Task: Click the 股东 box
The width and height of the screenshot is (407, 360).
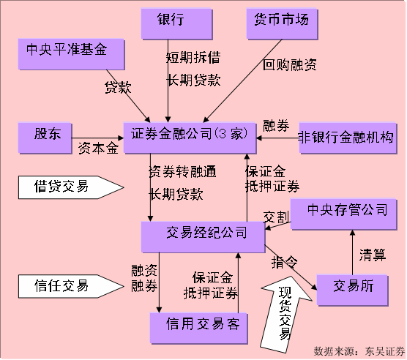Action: tap(47, 137)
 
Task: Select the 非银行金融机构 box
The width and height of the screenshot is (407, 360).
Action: tap(346, 137)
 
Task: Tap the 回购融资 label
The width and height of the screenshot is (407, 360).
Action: tap(289, 66)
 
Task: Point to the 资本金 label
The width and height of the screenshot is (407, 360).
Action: tap(97, 148)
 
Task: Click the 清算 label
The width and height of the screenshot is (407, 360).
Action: tap(372, 254)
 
